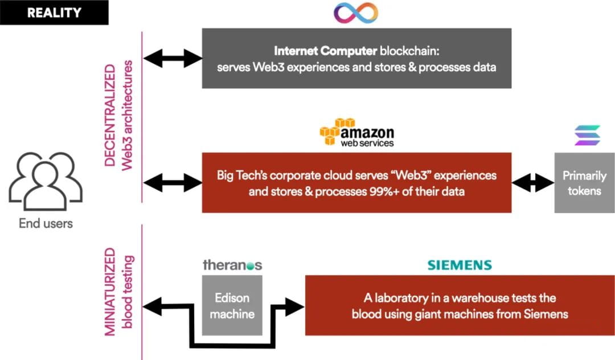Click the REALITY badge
tap(55, 13)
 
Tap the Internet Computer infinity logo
tap(356, 13)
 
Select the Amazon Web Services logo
tap(356, 133)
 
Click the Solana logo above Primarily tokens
tap(584, 135)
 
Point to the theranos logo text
tap(232, 265)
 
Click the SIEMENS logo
tap(460, 265)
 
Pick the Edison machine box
tap(232, 306)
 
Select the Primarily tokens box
tap(584, 183)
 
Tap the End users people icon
tap(46, 181)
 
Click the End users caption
tap(46, 224)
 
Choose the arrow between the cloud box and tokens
tap(533, 183)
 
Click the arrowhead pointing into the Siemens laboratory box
tap(297, 306)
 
